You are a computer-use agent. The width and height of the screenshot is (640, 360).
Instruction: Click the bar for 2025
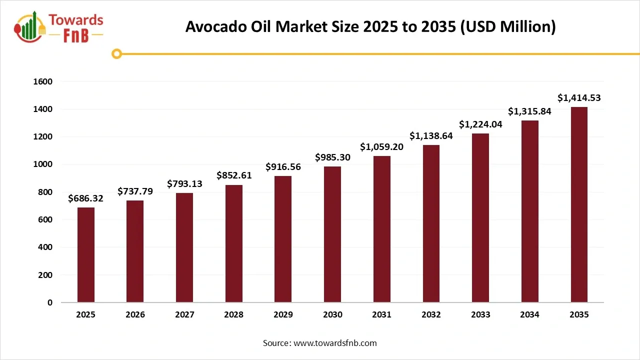(86, 255)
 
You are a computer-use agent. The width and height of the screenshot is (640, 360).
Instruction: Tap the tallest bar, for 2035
(579, 205)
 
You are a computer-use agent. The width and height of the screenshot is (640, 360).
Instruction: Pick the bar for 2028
(234, 243)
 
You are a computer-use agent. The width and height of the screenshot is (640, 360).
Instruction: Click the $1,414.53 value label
(579, 98)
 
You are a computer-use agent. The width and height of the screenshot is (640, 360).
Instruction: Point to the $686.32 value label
(86, 198)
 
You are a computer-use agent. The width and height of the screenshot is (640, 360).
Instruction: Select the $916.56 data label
(283, 166)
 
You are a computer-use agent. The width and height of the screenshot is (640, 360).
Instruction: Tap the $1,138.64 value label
(431, 135)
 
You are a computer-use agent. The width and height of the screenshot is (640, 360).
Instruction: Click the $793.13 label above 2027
(184, 183)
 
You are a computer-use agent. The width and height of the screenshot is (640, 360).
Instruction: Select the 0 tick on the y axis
(50, 302)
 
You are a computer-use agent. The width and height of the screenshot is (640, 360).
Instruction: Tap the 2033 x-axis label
(480, 315)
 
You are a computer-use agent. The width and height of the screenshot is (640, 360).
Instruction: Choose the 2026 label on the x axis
(135, 315)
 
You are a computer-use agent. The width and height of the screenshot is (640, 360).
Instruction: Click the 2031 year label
(382, 315)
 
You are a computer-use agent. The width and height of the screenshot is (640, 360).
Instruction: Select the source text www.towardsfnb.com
(334, 343)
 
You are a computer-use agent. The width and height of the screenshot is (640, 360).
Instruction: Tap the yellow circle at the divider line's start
(117, 53)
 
